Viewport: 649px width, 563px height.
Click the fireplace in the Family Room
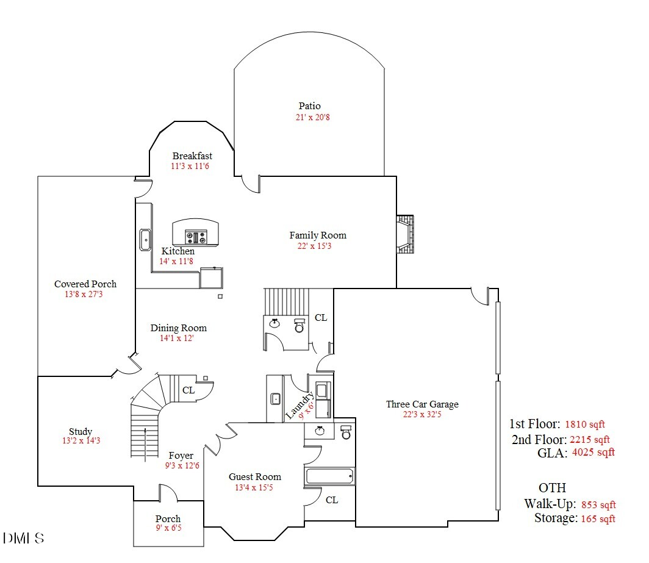405,234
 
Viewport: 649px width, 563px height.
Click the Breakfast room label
192,156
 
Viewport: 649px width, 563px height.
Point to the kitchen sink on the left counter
146,240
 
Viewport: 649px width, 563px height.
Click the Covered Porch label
85,284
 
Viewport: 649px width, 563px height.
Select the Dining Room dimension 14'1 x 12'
177,338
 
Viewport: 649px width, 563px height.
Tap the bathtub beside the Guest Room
330,476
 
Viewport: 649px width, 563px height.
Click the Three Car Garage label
422,404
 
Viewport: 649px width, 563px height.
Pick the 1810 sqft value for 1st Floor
585,425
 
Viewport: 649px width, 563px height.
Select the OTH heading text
552,488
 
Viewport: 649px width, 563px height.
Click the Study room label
81,432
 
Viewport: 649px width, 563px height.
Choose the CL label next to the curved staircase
188,390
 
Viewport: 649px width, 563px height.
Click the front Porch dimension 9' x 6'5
168,528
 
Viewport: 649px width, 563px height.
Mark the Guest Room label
255,477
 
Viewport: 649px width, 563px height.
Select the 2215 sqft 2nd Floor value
590,439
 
